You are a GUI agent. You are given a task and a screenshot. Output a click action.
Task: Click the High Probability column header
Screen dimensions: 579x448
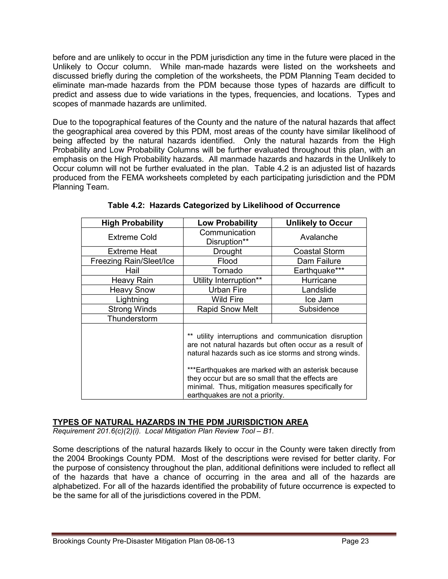(x=132, y=223)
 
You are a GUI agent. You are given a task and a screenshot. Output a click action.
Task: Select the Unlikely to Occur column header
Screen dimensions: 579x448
(x=319, y=223)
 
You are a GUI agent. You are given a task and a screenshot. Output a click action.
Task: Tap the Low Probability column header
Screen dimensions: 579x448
(x=227, y=223)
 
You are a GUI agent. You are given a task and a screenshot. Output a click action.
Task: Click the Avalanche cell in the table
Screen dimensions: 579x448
(x=319, y=237)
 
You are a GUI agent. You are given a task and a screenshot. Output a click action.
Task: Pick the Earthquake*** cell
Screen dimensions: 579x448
(x=319, y=271)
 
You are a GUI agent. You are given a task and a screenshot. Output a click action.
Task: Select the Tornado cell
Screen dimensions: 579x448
(x=227, y=271)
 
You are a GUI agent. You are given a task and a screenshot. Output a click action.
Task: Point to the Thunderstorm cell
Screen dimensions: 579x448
(x=132, y=319)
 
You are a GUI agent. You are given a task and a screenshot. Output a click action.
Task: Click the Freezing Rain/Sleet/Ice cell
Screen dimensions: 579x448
(x=132, y=261)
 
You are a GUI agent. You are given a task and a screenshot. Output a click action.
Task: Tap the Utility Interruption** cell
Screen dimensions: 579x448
(x=227, y=280)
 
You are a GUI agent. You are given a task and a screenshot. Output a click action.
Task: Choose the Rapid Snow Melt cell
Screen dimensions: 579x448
(x=227, y=309)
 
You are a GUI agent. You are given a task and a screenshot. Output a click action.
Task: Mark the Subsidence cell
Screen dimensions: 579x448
(x=319, y=309)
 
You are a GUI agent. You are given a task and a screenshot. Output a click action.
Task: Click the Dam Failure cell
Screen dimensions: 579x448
(x=319, y=261)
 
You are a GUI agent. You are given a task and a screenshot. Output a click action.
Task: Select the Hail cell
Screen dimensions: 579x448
(x=132, y=271)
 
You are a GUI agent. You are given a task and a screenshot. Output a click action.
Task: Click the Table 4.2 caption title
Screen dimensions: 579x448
(x=224, y=205)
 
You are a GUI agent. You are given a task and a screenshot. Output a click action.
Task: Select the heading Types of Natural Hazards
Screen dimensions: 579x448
(x=180, y=422)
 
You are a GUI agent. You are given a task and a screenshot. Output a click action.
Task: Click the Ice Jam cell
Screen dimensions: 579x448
(x=319, y=300)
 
